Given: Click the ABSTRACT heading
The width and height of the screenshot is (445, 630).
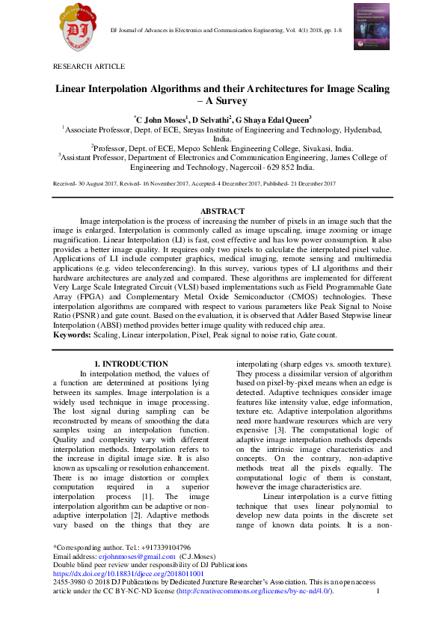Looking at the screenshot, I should [x=222, y=212].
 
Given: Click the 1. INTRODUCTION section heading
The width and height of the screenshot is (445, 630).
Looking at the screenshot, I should [x=124, y=364].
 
